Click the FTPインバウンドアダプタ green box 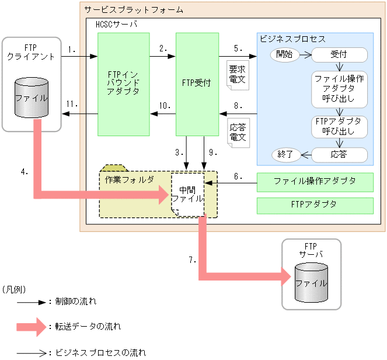124,84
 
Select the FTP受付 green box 197,84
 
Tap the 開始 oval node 285,54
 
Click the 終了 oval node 285,155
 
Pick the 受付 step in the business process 339,55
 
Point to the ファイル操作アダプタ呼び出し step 339,89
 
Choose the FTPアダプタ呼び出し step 339,126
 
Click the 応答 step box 339,155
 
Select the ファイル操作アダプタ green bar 315,182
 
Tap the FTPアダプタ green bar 315,205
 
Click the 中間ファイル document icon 188,195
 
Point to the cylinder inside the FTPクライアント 32,98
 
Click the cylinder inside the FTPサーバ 311,282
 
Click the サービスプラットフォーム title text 133,10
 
